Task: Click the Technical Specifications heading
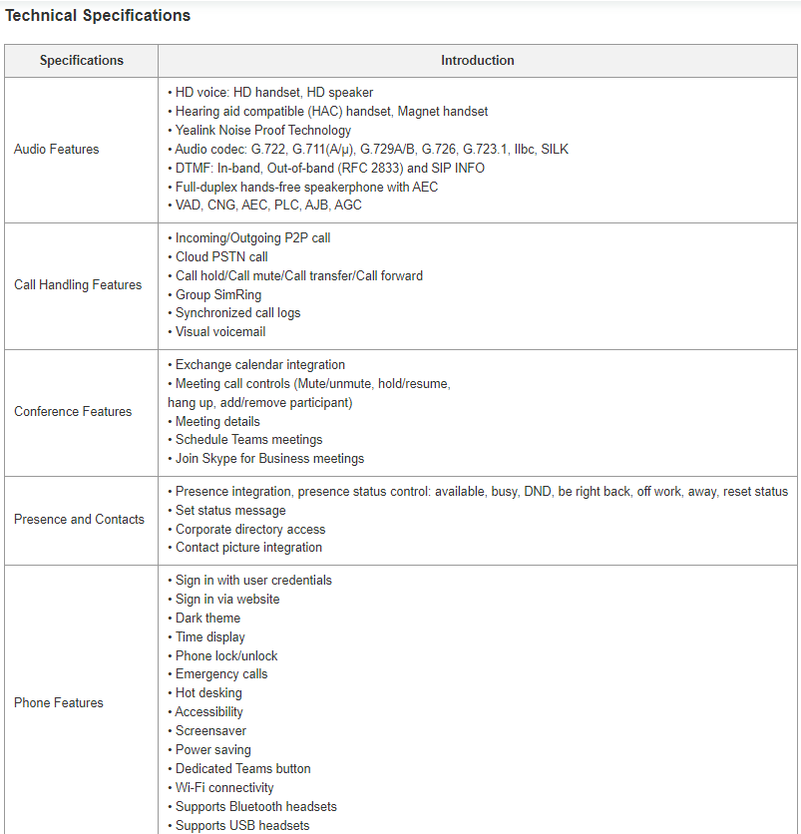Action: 98,16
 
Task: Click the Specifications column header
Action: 82,61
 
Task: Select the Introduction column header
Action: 478,61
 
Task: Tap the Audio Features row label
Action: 57,150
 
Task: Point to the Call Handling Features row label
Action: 78,285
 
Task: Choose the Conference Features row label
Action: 73,412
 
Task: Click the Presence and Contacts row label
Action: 79,520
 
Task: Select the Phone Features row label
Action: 59,703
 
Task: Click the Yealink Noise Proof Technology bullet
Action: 263,131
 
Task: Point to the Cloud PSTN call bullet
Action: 221,257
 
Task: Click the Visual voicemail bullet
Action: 220,332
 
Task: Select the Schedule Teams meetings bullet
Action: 248,440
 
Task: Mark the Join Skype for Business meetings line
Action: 269,459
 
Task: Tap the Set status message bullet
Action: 230,511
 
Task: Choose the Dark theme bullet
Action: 207,619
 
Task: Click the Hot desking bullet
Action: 208,693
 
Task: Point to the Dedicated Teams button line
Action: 242,769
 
